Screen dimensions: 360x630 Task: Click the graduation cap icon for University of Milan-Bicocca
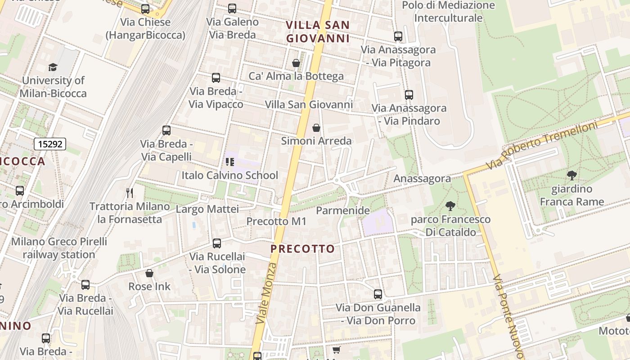tap(53, 67)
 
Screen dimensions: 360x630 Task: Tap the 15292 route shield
tap(50, 144)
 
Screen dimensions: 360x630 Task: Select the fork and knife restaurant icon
tap(130, 193)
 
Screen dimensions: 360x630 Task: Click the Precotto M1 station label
tap(276, 221)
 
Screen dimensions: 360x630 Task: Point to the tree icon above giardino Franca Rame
tap(572, 175)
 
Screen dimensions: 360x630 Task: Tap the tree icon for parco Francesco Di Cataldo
tap(450, 206)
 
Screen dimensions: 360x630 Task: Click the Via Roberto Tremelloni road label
tap(542, 145)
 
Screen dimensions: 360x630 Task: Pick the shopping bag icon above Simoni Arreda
tap(316, 128)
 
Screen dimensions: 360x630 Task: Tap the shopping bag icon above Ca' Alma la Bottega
tap(296, 63)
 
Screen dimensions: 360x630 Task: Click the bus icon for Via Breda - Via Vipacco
tap(216, 78)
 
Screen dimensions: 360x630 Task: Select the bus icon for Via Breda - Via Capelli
tap(166, 130)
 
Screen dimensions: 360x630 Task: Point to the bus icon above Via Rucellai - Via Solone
tap(217, 243)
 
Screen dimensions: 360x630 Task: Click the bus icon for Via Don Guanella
tap(378, 294)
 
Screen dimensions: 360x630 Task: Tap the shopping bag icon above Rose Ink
tap(149, 273)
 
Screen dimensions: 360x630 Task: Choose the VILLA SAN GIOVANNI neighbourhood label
tap(318, 31)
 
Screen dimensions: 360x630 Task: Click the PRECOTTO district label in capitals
tap(303, 249)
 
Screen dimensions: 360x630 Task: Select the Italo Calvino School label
tap(229, 175)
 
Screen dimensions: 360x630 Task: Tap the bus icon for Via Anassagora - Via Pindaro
tap(409, 95)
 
